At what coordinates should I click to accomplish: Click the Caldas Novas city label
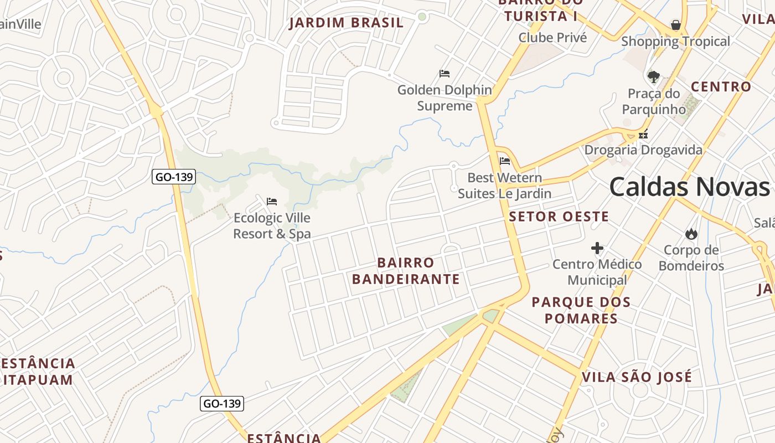click(x=689, y=187)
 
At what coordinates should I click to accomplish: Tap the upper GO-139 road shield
click(x=174, y=177)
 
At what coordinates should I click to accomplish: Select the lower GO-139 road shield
click(x=221, y=404)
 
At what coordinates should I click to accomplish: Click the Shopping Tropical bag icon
click(x=675, y=25)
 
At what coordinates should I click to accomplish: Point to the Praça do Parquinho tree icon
click(x=654, y=76)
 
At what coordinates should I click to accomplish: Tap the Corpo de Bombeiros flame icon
click(x=691, y=234)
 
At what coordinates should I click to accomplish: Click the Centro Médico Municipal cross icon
click(x=597, y=248)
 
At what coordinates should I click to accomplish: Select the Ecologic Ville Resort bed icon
click(x=271, y=202)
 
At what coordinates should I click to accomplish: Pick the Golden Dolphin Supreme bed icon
click(x=444, y=74)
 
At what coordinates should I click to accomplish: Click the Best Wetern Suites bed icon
click(x=504, y=161)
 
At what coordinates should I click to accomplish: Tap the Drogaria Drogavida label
click(x=643, y=150)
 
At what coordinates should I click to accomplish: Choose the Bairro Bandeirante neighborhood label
click(x=406, y=271)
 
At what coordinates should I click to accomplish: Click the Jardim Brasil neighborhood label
click(x=347, y=23)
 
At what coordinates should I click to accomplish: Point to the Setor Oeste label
click(x=559, y=217)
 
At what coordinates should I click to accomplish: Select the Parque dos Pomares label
click(x=581, y=310)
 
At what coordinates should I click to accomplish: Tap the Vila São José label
click(x=637, y=378)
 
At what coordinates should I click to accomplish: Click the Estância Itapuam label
click(x=38, y=372)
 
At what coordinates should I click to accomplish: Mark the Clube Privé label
click(x=552, y=38)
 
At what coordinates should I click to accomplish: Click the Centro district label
click(x=721, y=87)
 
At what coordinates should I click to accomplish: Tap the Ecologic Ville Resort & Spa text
click(x=272, y=226)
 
